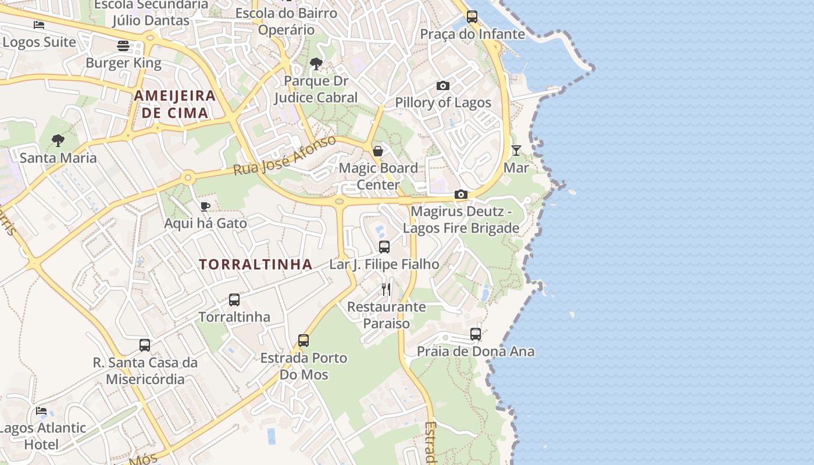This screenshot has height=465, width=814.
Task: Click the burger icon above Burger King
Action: pos(123,45)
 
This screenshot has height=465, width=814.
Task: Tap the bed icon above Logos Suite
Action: pos(39,25)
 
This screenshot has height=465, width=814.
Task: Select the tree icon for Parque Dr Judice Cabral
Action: pos(316,63)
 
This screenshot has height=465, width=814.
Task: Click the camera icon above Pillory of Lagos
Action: pos(443,86)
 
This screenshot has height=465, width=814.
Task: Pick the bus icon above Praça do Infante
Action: pos(472,16)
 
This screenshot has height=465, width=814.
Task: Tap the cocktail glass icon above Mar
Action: pos(516,151)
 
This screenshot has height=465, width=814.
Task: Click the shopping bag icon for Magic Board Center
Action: pos(378,151)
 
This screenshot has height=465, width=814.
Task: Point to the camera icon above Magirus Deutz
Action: pos(461,194)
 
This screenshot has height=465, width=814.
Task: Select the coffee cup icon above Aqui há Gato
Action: pos(205,206)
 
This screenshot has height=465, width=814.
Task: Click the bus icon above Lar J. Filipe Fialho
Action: pos(384,246)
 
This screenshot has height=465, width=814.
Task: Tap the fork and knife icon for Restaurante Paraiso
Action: pos(387,289)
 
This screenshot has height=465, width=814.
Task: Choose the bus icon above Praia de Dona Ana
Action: pos(476,334)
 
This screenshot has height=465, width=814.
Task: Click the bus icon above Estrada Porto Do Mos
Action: pos(304,340)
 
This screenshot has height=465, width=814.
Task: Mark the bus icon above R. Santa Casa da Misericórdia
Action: pos(145,345)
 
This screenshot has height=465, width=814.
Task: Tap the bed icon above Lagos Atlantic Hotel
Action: pos(41,410)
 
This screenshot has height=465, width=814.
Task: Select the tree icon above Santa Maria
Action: pos(58,140)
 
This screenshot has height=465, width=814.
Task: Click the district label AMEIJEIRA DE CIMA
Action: pos(175,104)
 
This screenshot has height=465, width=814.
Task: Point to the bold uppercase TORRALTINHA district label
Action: pos(256,264)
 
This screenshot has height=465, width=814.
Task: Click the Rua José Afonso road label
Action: pos(285,156)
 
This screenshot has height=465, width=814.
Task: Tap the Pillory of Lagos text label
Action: pos(443,103)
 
